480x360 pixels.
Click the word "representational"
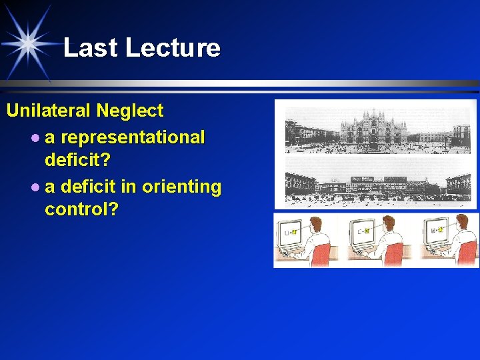tap(133, 137)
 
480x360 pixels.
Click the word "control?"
tap(81, 210)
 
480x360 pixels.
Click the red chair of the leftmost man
tap(324, 254)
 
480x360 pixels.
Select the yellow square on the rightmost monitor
tap(441, 230)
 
